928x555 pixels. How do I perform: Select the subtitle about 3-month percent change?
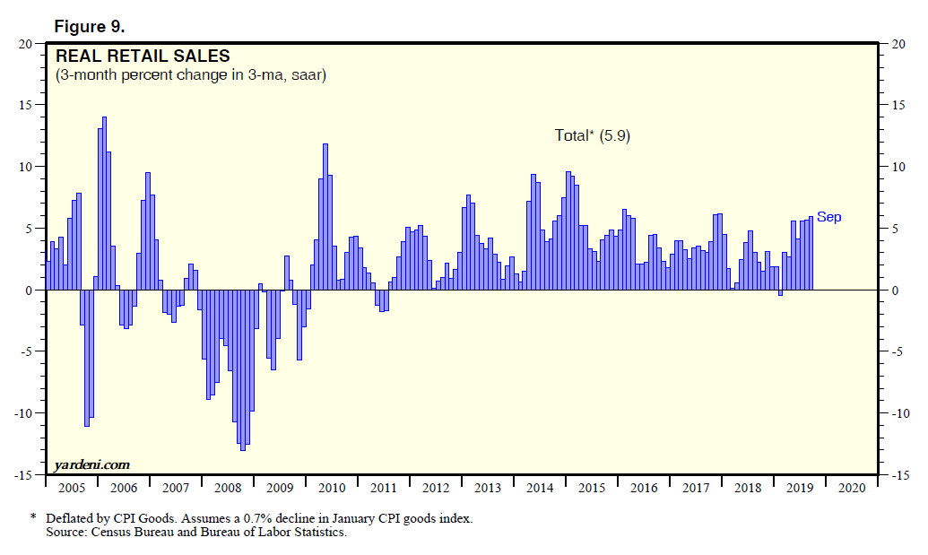click(190, 75)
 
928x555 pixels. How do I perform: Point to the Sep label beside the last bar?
click(828, 217)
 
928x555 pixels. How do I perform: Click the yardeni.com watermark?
click(91, 464)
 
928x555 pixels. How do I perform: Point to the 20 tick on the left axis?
click(27, 43)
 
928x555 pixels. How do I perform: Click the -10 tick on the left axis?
click(24, 413)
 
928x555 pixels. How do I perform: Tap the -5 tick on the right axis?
click(898, 351)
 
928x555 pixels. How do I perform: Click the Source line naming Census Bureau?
click(196, 533)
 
